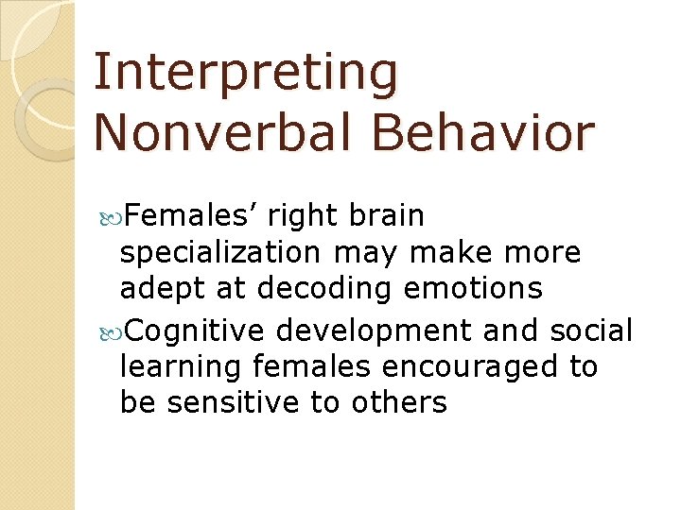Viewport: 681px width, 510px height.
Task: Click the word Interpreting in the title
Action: point(246,74)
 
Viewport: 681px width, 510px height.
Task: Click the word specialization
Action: point(219,254)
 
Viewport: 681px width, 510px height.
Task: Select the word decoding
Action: point(319,289)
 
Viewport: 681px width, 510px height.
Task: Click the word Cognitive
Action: point(198,331)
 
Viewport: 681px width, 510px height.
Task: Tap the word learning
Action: point(170,366)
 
